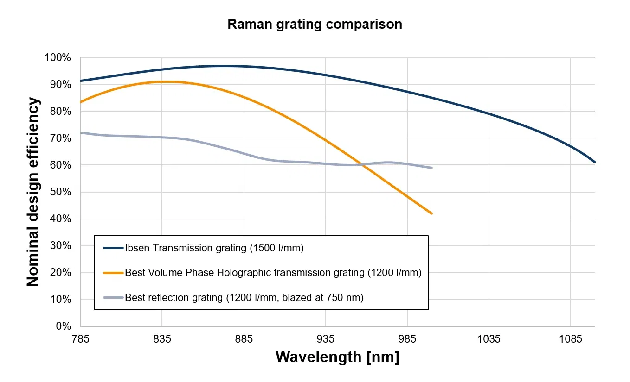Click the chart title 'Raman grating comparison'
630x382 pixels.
pyautogui.click(x=315, y=24)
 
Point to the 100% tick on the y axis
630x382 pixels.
pyautogui.click(x=58, y=58)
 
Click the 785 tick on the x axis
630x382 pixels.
pyautogui.click(x=80, y=339)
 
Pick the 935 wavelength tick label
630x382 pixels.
pyautogui.click(x=325, y=339)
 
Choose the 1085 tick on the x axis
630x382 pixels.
pyautogui.click(x=570, y=339)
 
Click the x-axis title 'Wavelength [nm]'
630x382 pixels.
pyautogui.click(x=337, y=357)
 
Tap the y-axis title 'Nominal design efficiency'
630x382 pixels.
pyautogui.click(x=32, y=192)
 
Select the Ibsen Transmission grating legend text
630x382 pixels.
pyautogui.click(x=214, y=248)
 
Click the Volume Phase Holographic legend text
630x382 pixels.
pyautogui.click(x=273, y=273)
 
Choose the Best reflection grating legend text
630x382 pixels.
pyautogui.click(x=244, y=297)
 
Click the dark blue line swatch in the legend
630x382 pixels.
pyautogui.click(x=113, y=248)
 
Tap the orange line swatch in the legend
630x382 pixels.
pyautogui.click(x=113, y=273)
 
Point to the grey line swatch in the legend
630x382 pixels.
pyautogui.click(x=113, y=297)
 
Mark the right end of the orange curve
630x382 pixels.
pyautogui.click(x=432, y=213)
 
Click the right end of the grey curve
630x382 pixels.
pyautogui.click(x=432, y=168)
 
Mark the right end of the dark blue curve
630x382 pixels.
pyautogui.click(x=595, y=163)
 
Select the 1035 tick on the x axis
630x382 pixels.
pyautogui.click(x=489, y=339)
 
